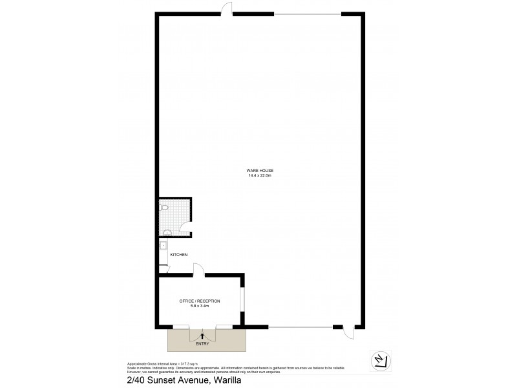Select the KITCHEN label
point(178,255)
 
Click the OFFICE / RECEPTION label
point(200,301)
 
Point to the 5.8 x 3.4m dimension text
point(200,306)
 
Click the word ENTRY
point(202,343)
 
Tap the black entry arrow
point(203,335)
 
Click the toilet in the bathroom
point(165,209)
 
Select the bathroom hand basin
point(167,231)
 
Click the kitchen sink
point(164,246)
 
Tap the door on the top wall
point(227,8)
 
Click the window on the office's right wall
point(242,301)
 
